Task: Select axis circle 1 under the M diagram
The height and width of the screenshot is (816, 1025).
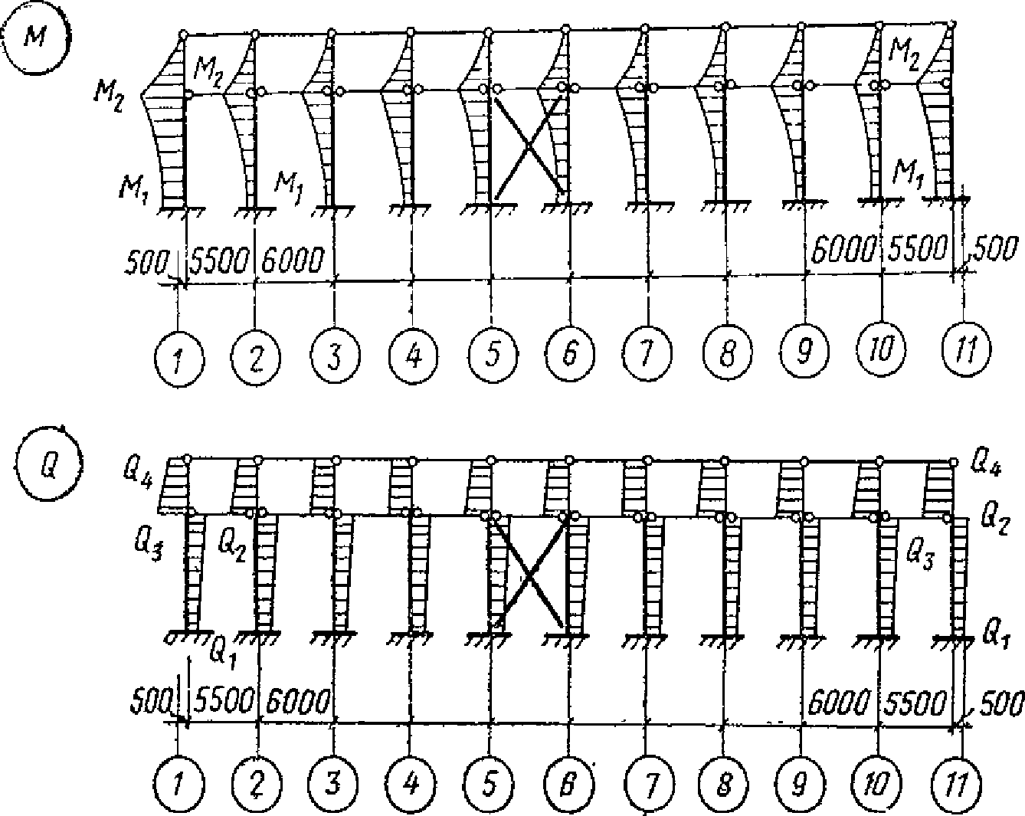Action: [178, 358]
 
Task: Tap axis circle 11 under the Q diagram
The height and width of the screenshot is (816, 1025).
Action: [958, 785]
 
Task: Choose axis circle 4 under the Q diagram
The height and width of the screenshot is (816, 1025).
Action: [412, 783]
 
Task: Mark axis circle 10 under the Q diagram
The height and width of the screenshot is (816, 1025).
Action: [880, 784]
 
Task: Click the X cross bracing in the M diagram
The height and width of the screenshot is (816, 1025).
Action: [529, 146]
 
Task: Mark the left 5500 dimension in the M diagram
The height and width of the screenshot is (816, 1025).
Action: [220, 261]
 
